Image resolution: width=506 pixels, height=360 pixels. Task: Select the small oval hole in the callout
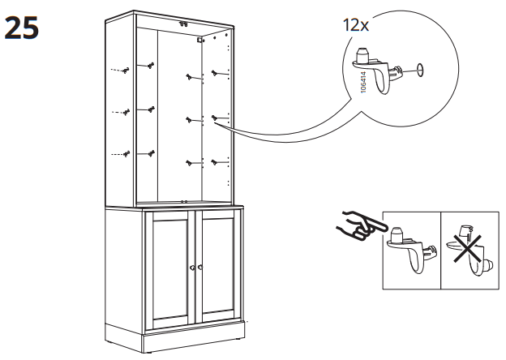(420, 70)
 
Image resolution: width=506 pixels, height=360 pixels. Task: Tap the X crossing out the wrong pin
(468, 246)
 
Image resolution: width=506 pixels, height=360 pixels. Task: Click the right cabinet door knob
(197, 268)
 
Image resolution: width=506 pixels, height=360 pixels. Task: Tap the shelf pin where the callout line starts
(216, 118)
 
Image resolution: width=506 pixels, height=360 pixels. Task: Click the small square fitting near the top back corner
(199, 38)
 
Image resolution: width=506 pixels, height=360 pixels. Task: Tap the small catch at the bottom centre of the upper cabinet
(185, 199)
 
